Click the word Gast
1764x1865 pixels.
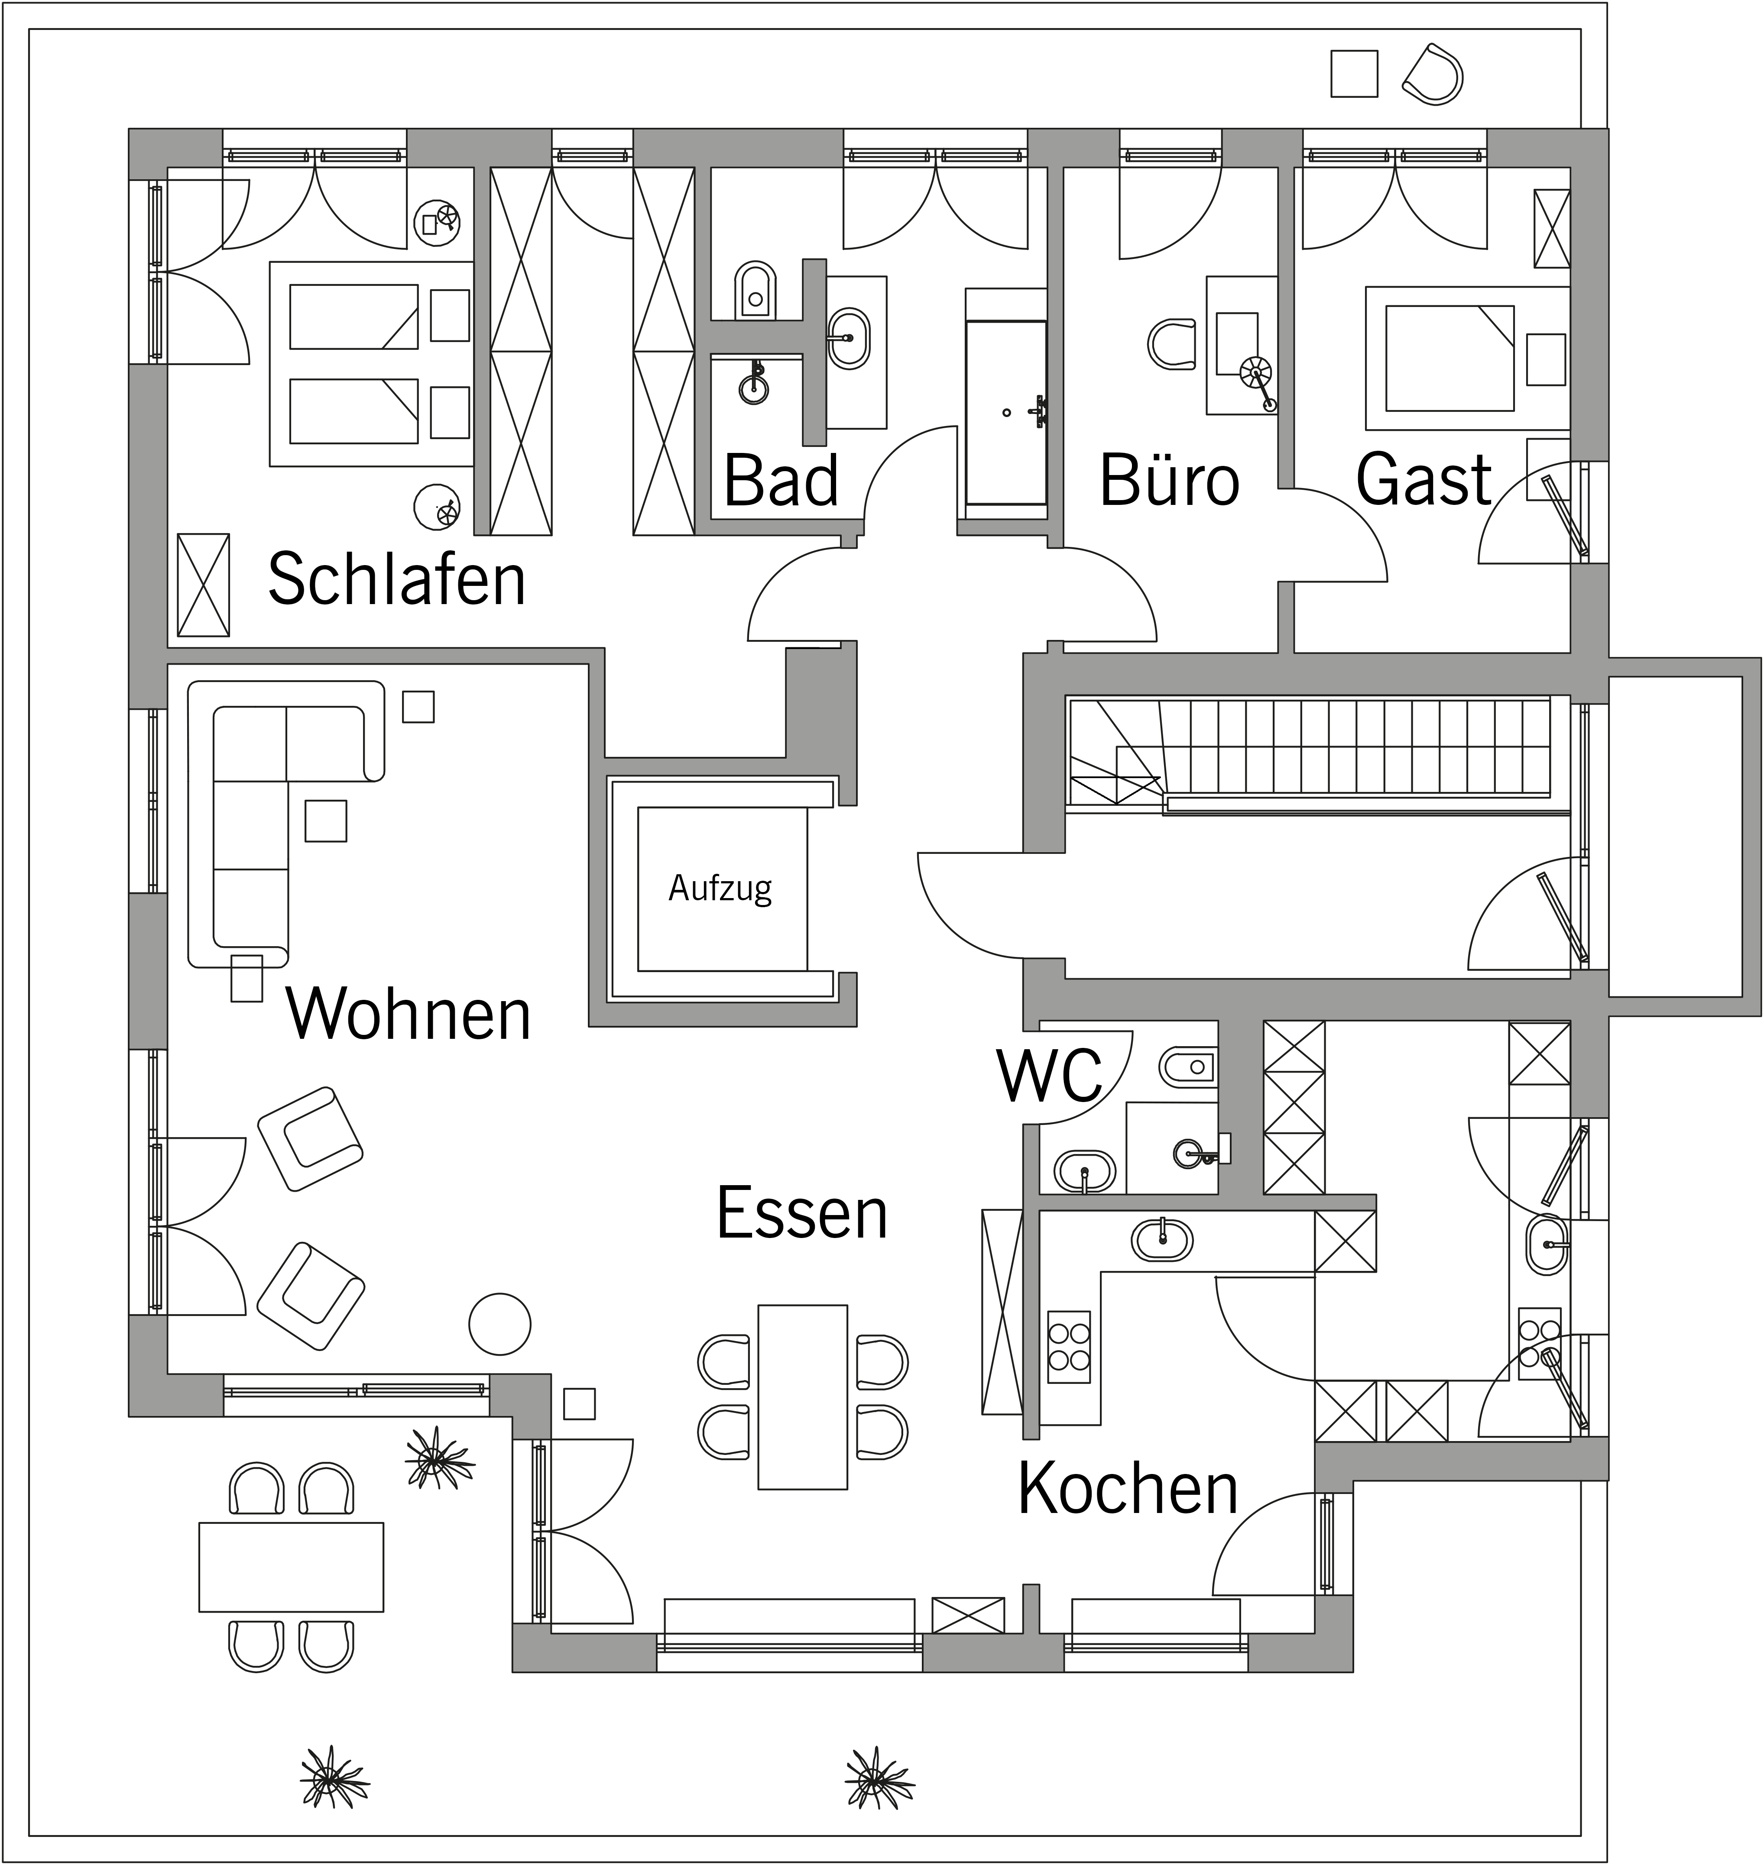point(1424,479)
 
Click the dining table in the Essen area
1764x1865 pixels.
point(803,1397)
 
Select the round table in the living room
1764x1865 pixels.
point(500,1324)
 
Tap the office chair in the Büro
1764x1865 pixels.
point(1172,344)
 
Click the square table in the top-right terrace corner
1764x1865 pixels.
point(1354,73)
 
